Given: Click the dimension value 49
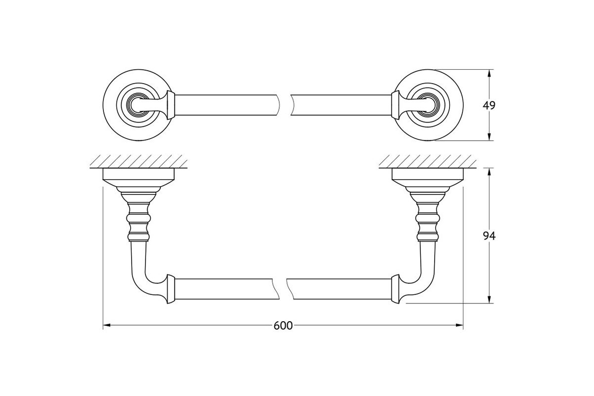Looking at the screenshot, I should click(x=489, y=105).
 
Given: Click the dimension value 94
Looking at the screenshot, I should click(x=489, y=236).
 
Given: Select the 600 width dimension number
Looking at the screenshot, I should click(x=283, y=326).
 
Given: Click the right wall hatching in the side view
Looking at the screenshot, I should click(x=428, y=161).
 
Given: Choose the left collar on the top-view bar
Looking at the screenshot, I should click(x=171, y=105).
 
